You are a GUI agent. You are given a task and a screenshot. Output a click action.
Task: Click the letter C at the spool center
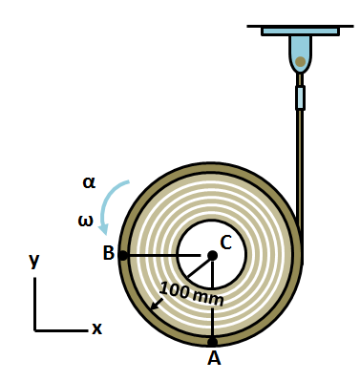[x=226, y=243]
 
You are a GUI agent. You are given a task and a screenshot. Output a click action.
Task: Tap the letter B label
[x=108, y=253]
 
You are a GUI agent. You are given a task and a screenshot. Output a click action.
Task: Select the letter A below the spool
[x=214, y=358]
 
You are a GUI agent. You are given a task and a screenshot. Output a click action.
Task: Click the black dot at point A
[x=212, y=341]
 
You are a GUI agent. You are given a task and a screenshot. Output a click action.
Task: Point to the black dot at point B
[x=123, y=255]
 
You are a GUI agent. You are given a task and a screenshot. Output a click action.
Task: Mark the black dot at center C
[x=212, y=255]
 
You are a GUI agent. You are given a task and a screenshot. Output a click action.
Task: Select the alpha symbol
[x=89, y=182]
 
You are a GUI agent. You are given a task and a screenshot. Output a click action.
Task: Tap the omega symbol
[x=86, y=222]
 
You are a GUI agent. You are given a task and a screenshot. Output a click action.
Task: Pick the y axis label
[x=34, y=260]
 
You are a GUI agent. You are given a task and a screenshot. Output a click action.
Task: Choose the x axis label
[x=96, y=329]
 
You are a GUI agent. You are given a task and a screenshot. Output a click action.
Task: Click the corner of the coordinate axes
[x=35, y=329]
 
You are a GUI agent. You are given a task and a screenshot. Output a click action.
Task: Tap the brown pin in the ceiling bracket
[x=300, y=62]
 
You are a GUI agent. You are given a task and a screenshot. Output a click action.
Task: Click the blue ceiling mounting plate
[x=300, y=31]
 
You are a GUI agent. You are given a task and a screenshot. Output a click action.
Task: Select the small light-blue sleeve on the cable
[x=300, y=97]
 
